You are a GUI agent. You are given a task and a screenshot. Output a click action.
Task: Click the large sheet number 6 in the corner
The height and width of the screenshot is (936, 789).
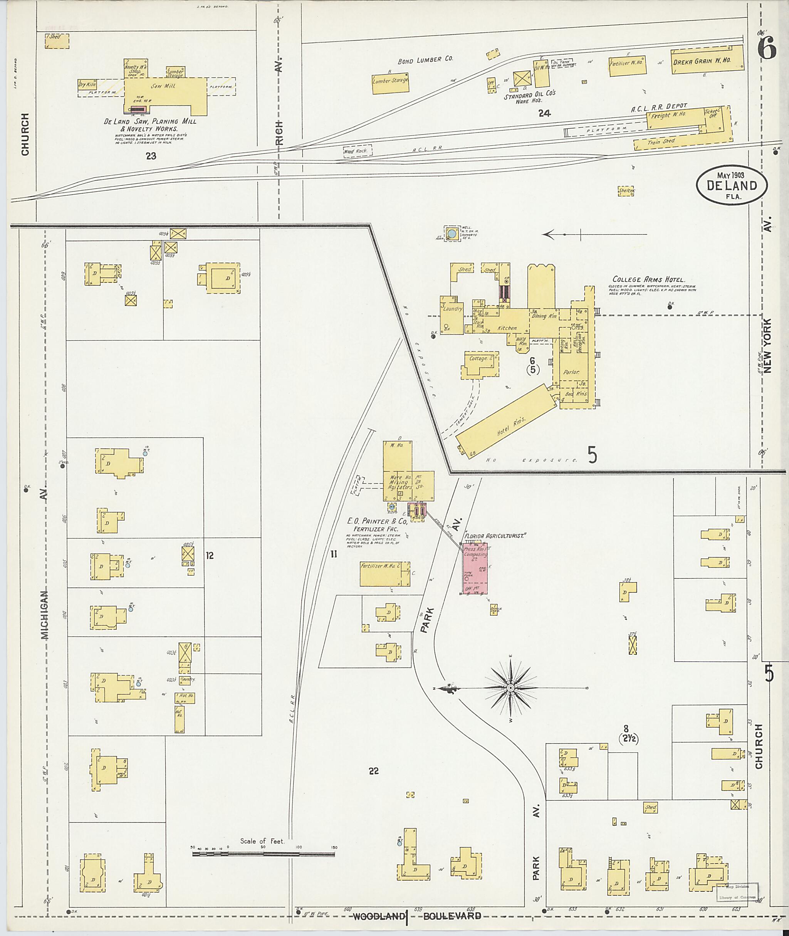[767, 49]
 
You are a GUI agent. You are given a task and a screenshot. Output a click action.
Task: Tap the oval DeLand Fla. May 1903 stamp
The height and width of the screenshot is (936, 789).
[731, 186]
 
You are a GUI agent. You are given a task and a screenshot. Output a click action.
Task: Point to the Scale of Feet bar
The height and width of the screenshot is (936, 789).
[264, 854]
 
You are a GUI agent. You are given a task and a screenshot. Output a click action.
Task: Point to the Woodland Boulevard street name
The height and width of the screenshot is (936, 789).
[417, 916]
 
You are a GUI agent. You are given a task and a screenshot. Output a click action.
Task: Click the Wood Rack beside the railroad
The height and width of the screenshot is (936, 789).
[356, 151]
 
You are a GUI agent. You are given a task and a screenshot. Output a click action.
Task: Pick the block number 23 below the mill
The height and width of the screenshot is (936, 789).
[151, 156]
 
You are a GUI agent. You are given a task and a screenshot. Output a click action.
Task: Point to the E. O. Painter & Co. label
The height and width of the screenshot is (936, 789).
[377, 521]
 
